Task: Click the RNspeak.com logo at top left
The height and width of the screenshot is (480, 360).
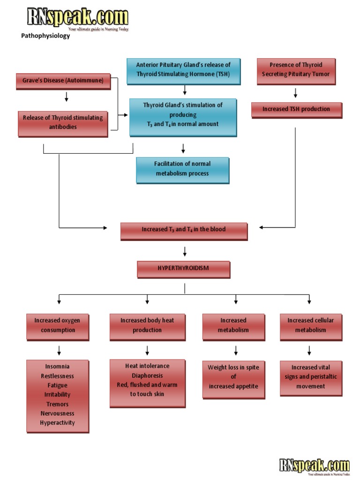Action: (x=77, y=19)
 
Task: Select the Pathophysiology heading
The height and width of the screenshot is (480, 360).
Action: (x=45, y=36)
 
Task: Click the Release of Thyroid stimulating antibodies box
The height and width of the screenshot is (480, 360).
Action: (x=63, y=122)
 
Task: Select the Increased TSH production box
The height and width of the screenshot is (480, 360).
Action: (x=296, y=109)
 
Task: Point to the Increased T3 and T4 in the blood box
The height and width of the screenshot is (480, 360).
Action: (x=184, y=230)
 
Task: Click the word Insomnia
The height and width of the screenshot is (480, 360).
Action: (x=57, y=367)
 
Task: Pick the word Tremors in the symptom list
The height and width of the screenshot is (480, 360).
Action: (x=57, y=404)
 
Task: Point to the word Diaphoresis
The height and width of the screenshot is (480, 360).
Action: (x=147, y=375)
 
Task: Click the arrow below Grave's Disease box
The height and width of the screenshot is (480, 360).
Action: (x=66, y=97)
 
